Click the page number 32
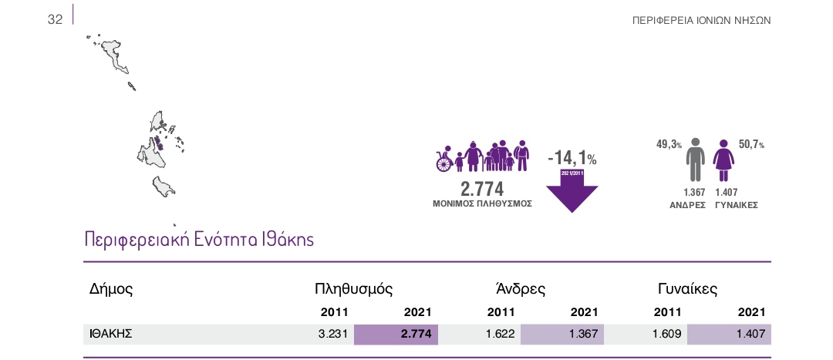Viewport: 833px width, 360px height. coord(55,20)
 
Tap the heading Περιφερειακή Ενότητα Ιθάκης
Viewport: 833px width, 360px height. coord(199,240)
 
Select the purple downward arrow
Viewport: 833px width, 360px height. coord(572,192)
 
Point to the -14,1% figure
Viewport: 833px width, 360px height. coord(572,158)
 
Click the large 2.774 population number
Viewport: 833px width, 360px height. coord(482,189)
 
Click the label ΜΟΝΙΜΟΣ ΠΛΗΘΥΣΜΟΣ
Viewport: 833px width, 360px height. coord(482,204)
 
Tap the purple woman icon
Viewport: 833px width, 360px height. coord(723,160)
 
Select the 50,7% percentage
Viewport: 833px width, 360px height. coord(751,144)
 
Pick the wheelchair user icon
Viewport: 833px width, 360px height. coord(444,160)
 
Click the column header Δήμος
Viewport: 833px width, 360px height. coord(112,290)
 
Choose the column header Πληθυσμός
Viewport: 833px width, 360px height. coord(354,290)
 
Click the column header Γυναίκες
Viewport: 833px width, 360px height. coord(687,290)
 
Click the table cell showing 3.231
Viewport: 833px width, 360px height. coord(333,334)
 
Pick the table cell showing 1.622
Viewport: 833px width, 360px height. coord(501,334)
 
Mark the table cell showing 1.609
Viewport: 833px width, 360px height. coord(667,334)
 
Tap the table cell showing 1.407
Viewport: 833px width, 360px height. coord(750,334)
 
